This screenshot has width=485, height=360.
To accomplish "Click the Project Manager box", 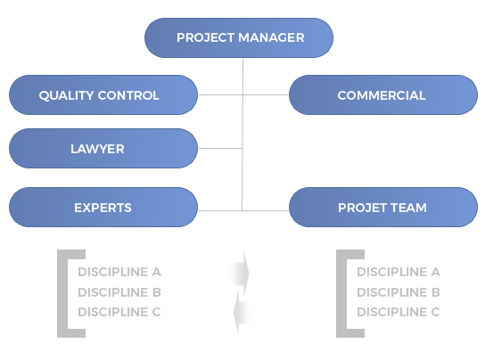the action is click(x=239, y=37).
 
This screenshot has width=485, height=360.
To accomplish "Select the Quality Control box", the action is click(x=103, y=95).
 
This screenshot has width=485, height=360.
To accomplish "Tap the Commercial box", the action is click(x=383, y=95).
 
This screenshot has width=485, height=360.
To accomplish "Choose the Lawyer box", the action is click(x=103, y=149).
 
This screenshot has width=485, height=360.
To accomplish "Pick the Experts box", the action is click(x=103, y=208).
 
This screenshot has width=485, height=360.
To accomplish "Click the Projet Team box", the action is click(x=383, y=208).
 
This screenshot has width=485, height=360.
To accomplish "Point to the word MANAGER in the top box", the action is click(x=271, y=37).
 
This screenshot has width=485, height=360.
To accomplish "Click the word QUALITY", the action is click(x=66, y=95).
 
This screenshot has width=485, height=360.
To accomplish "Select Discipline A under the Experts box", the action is click(x=119, y=272).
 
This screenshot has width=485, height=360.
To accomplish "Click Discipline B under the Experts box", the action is click(x=119, y=292).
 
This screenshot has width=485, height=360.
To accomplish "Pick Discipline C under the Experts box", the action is click(x=119, y=312).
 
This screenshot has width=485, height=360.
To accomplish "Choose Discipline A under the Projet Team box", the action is click(x=399, y=272).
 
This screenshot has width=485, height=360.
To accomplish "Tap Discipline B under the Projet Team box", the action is click(x=399, y=292).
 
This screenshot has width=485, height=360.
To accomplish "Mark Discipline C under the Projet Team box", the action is click(x=399, y=312).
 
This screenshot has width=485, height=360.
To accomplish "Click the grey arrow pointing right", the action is click(x=240, y=274).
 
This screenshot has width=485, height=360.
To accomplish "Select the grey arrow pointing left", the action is click(x=242, y=313).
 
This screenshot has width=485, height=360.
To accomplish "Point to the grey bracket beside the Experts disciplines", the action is click(x=62, y=293).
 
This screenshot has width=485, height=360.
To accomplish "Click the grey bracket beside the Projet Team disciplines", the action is click(x=341, y=293).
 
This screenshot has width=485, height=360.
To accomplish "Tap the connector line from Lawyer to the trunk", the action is click(x=220, y=149).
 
